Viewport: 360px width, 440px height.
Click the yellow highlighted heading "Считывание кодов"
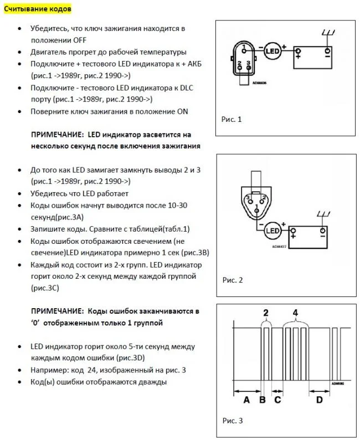coord(38,10)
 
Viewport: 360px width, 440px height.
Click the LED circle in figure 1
coord(271,51)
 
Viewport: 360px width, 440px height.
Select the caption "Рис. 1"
coord(232,119)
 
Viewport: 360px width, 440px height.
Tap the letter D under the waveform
coord(319,399)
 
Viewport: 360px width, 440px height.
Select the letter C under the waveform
coord(277,399)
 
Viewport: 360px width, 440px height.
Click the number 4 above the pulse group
coord(296,313)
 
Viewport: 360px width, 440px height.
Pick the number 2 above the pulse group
coord(266,313)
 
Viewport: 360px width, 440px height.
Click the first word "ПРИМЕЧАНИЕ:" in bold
coord(57,135)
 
